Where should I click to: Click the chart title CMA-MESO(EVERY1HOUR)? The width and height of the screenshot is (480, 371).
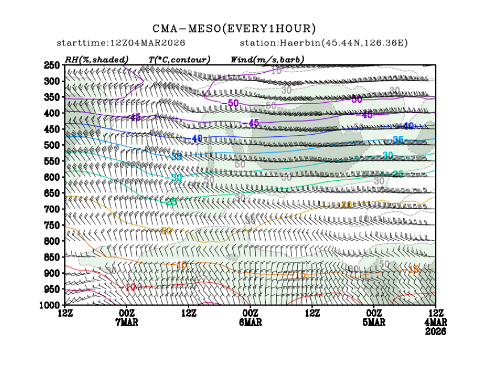pyautogui.click(x=233, y=28)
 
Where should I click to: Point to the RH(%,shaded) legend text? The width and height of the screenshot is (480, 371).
pyautogui.click(x=97, y=59)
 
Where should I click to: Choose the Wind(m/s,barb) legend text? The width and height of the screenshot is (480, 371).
pyautogui.click(x=268, y=59)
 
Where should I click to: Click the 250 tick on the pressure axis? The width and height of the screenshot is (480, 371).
pyautogui.click(x=52, y=65)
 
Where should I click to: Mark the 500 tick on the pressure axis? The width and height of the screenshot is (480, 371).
pyautogui.click(x=52, y=145)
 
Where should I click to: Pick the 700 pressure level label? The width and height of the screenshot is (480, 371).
pyautogui.click(x=52, y=209)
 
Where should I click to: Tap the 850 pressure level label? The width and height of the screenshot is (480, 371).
pyautogui.click(x=52, y=257)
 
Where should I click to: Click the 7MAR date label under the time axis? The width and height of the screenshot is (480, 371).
pyautogui.click(x=126, y=322)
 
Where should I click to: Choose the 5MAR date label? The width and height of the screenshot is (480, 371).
pyautogui.click(x=374, y=322)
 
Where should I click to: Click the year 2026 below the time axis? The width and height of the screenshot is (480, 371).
pyautogui.click(x=435, y=331)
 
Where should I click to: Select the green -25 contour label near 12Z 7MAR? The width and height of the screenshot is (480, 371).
pyautogui.click(x=170, y=202)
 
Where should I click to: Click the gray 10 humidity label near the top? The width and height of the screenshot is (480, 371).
pyautogui.click(x=276, y=70)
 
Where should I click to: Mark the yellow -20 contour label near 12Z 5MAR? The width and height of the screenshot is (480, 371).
pyautogui.click(x=346, y=205)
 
